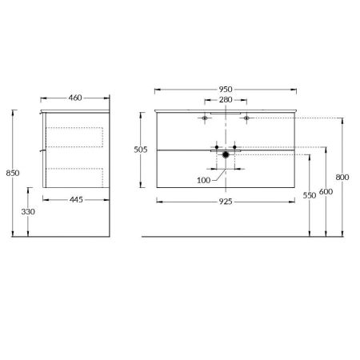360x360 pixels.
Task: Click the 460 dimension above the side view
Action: [76, 98]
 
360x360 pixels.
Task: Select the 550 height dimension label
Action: [309, 194]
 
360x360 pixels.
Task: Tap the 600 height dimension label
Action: [326, 192]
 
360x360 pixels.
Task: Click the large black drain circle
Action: [226, 155]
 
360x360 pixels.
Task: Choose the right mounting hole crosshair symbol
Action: [246, 118]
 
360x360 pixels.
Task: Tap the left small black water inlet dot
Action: [216, 147]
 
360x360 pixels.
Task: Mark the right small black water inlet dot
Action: [237, 147]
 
